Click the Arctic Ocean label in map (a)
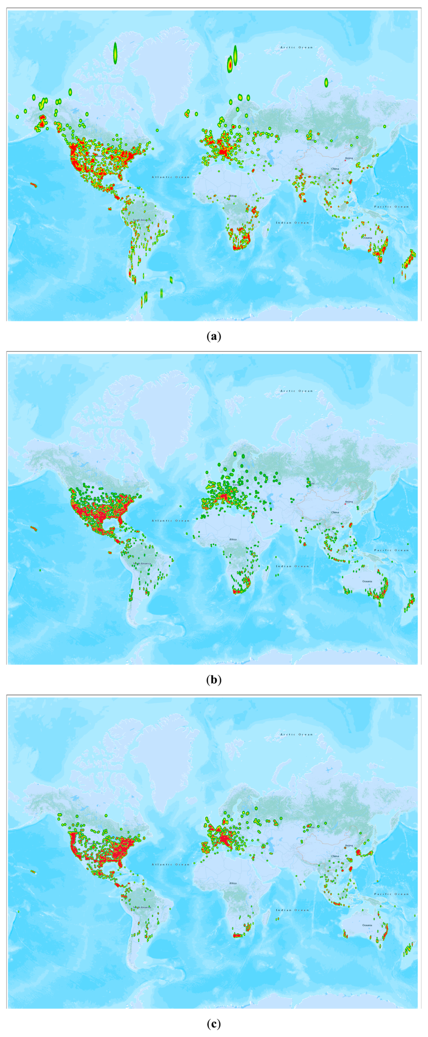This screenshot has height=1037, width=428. pos(296,47)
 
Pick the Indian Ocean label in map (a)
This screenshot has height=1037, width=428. pos(292,223)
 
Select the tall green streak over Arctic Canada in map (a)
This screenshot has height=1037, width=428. pos(115,53)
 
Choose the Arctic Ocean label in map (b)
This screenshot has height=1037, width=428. pos(296,391)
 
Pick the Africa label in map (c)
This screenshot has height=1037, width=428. pos(233,883)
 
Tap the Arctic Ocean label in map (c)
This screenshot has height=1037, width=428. pos(296,734)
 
